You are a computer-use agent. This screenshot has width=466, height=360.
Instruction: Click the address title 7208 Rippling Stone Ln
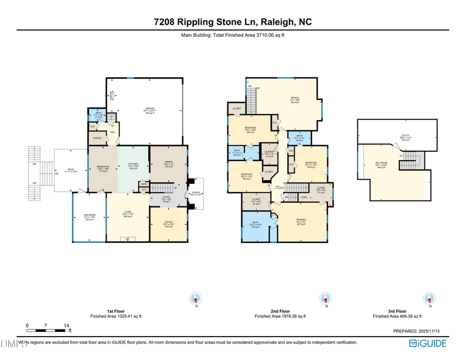pyautogui.click(x=233, y=22)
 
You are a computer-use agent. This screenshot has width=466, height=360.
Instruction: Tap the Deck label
pyautogui.click(x=71, y=170)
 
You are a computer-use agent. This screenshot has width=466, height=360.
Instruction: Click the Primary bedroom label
pyautogui.click(x=302, y=222)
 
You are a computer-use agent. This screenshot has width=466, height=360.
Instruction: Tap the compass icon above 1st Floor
pyautogui.click(x=196, y=298)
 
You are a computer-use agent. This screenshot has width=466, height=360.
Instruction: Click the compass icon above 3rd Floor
pyautogui.click(x=429, y=298)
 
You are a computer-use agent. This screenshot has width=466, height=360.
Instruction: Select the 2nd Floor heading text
pyautogui.click(x=280, y=311)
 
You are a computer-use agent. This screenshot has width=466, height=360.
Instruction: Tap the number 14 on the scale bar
pyautogui.click(x=66, y=325)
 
